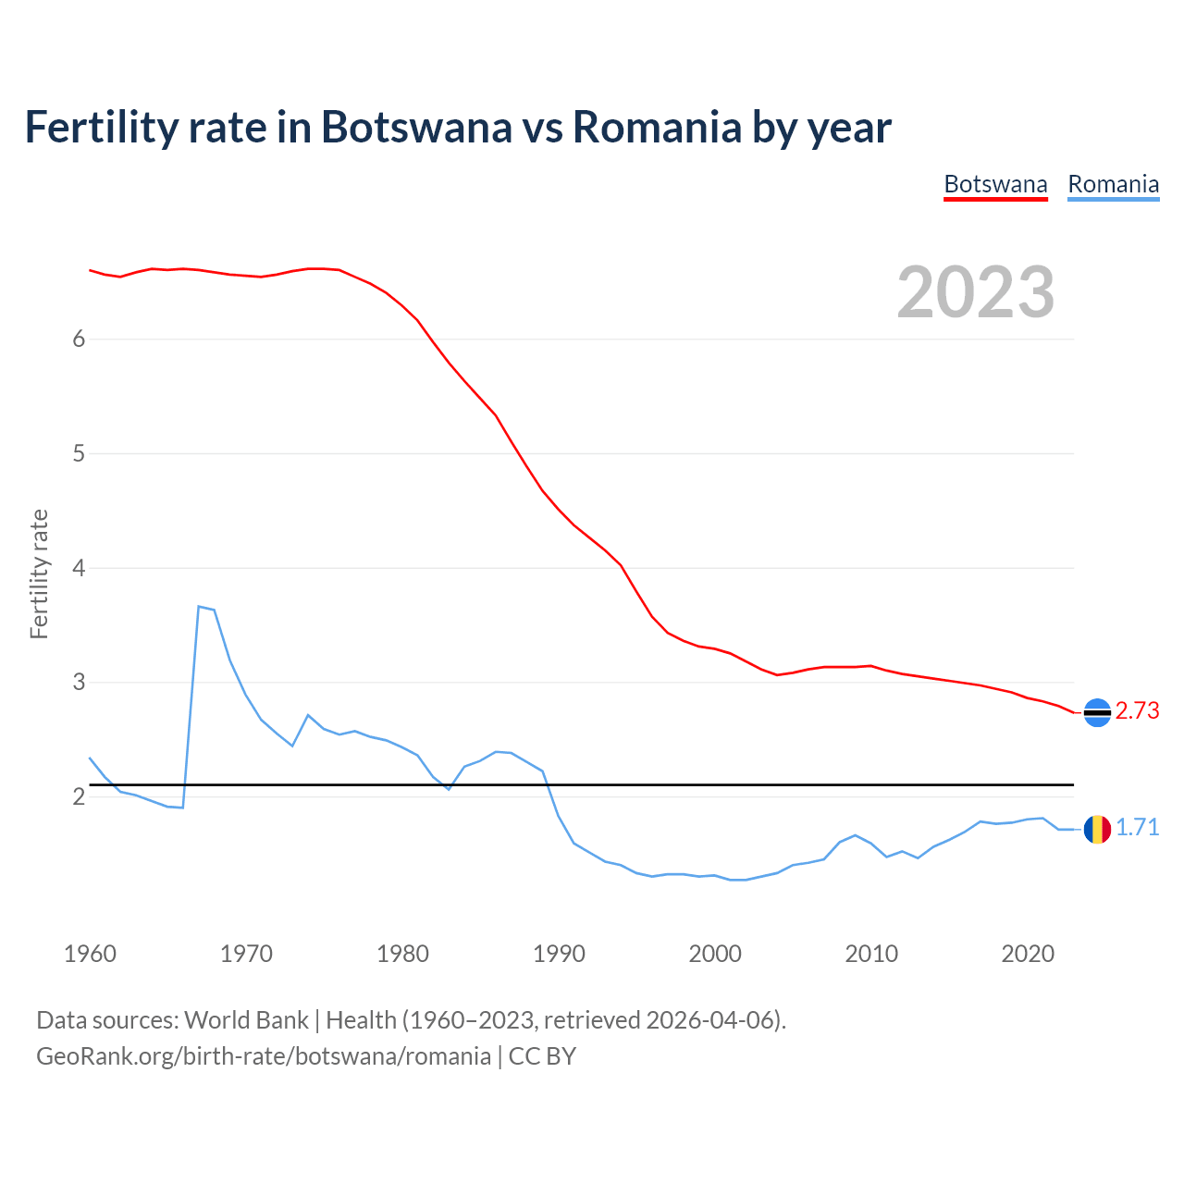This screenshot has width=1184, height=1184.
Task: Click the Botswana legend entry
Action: point(995,184)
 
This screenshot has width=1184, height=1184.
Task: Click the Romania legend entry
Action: point(1113,184)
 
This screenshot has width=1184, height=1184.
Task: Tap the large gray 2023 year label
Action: point(976,292)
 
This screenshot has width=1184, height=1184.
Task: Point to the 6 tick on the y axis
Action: point(79,339)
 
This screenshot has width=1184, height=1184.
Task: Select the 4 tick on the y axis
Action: point(79,568)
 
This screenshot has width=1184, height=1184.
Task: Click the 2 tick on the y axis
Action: point(79,796)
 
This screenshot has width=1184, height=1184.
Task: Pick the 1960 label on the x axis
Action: point(90,954)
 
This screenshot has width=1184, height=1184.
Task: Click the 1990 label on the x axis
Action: point(559,954)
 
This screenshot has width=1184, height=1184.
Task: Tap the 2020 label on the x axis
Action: point(1028,954)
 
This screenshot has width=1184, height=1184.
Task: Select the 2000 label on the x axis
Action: point(715,954)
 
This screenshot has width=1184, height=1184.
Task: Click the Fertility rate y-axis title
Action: point(39,573)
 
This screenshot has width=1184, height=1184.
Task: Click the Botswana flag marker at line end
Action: point(1097,712)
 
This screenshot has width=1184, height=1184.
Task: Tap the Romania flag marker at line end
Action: point(1097,829)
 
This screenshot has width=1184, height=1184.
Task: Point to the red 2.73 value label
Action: point(1137,710)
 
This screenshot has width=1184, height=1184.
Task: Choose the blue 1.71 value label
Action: point(1137,827)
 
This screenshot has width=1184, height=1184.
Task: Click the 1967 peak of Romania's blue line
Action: point(199,607)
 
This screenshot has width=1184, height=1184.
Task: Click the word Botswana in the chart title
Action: point(416,127)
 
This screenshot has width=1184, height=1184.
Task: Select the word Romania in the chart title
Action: point(657,127)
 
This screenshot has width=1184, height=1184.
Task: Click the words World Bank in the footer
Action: point(246,1020)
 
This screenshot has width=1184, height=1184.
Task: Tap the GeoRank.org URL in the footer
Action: point(264,1056)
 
